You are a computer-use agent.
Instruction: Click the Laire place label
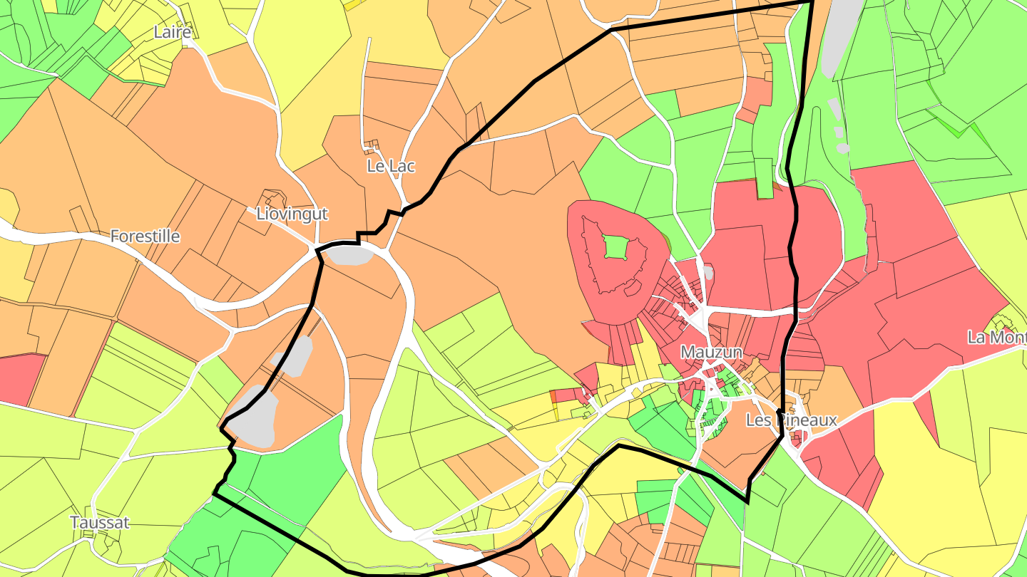(173, 32)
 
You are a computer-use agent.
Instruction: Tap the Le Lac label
(391, 166)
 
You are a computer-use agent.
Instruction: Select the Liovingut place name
(292, 214)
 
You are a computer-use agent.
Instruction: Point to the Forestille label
(145, 236)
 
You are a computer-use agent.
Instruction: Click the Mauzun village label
(711, 352)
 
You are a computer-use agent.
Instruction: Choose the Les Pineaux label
(791, 420)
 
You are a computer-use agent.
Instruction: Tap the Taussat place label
(100, 523)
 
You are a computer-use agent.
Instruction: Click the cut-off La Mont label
(997, 337)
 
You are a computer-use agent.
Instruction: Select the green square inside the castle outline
(615, 247)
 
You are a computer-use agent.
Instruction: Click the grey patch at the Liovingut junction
(349, 254)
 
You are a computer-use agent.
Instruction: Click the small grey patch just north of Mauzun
(707, 271)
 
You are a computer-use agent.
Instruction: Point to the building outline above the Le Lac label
(369, 147)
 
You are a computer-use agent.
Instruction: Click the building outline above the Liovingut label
(272, 197)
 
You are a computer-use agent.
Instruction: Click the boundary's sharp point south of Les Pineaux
(747, 501)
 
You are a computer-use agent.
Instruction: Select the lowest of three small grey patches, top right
(843, 148)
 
